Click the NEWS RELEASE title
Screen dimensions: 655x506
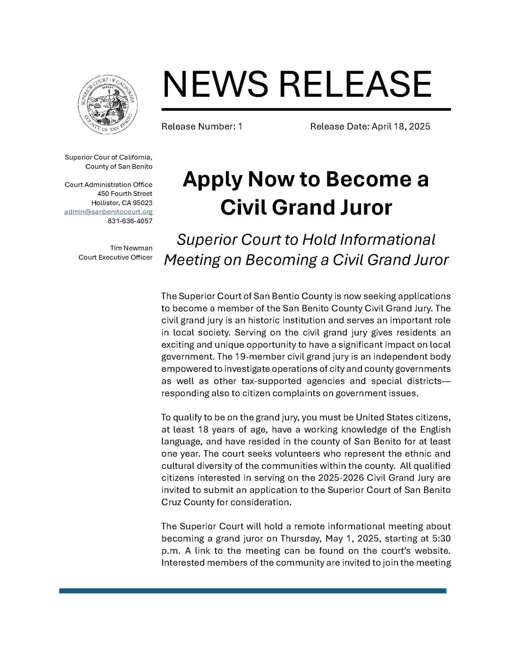point(296,84)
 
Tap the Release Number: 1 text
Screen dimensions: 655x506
point(202,126)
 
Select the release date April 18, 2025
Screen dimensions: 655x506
point(400,126)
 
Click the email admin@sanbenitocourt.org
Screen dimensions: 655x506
point(108,212)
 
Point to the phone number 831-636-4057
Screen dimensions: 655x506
point(130,221)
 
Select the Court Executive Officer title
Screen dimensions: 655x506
point(115,257)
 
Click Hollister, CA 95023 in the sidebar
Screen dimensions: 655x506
point(122,203)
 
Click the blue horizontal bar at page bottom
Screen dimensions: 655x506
point(253,591)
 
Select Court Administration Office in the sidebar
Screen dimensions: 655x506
point(108,185)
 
